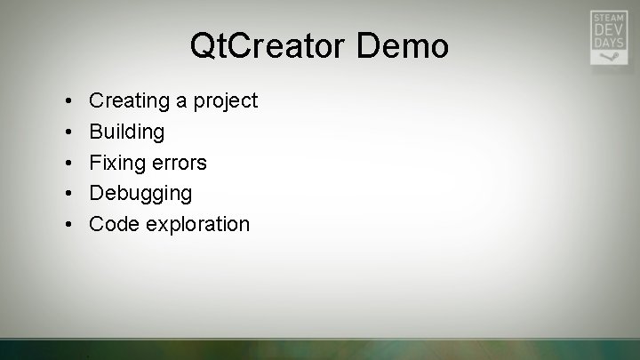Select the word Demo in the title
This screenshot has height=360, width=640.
pyautogui.click(x=404, y=46)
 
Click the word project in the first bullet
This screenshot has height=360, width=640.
pyautogui.click(x=223, y=101)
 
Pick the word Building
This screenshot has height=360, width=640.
pyautogui.click(x=127, y=132)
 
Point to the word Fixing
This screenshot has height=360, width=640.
pyautogui.click(x=117, y=163)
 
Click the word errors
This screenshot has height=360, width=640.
pyautogui.click(x=179, y=163)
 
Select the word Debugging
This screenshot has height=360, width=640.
pyautogui.click(x=140, y=193)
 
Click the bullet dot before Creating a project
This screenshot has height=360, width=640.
pyautogui.click(x=69, y=101)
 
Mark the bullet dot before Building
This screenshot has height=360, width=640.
pyautogui.click(x=69, y=132)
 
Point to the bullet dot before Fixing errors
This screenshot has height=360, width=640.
pyautogui.click(x=69, y=163)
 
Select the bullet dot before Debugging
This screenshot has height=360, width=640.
pyautogui.click(x=69, y=193)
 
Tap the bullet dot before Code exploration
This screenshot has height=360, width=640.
pyautogui.click(x=69, y=224)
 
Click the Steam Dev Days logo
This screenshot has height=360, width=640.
pyautogui.click(x=608, y=37)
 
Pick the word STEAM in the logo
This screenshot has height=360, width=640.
pyautogui.click(x=608, y=17)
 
